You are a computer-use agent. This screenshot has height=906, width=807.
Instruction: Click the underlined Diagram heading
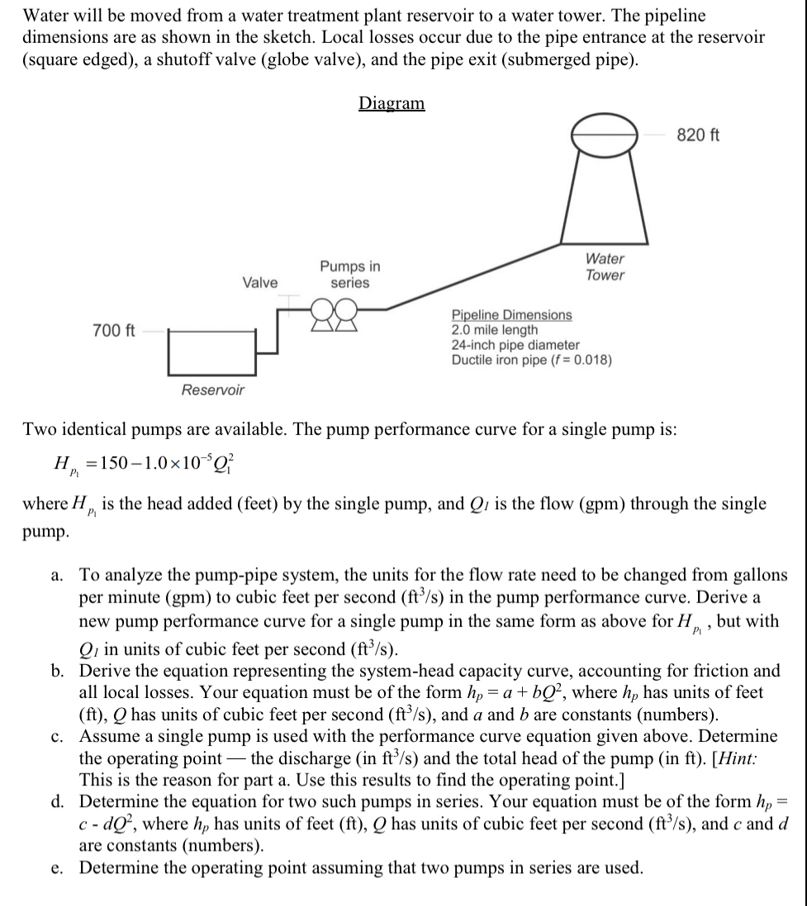tap(392, 103)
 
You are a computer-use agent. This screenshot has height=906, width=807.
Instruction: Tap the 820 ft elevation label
tap(698, 135)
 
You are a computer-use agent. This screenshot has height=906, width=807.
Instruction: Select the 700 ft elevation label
tap(113, 331)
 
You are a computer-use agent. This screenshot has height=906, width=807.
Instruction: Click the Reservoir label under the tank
tap(213, 389)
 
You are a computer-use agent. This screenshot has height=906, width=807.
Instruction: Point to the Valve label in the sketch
tap(259, 282)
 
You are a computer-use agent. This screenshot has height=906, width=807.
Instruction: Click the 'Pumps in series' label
tap(350, 275)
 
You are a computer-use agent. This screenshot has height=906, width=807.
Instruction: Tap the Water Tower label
tap(605, 267)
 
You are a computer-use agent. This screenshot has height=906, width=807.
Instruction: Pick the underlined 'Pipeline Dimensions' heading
tap(511, 315)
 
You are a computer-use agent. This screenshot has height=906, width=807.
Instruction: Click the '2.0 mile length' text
tap(495, 330)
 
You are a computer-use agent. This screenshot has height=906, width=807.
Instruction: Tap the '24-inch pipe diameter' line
tap(515, 345)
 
